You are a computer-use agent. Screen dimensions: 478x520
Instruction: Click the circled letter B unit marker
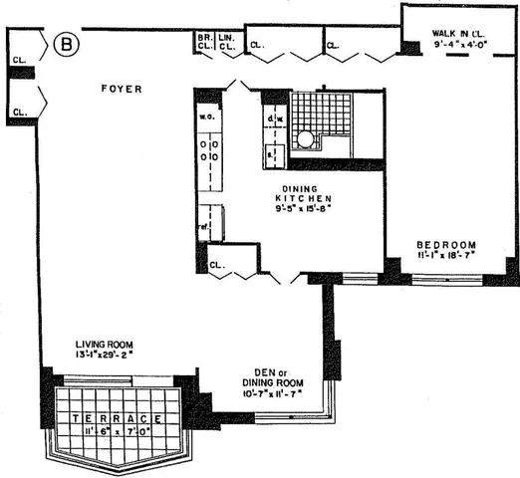66,44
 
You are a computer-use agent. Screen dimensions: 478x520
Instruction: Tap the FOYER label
122,90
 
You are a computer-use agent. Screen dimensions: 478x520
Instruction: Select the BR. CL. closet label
205,42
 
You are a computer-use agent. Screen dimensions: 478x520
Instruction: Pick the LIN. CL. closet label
228,42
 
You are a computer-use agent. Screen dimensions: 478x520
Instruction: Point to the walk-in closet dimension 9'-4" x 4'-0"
459,45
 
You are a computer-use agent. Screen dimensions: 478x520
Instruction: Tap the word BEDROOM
446,244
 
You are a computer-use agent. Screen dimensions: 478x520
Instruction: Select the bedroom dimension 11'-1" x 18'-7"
446,256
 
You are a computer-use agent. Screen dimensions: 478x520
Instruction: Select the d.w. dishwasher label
273,122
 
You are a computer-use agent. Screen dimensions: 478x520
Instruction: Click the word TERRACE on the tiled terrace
117,419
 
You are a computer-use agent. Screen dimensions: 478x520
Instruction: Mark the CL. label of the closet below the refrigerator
218,265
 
